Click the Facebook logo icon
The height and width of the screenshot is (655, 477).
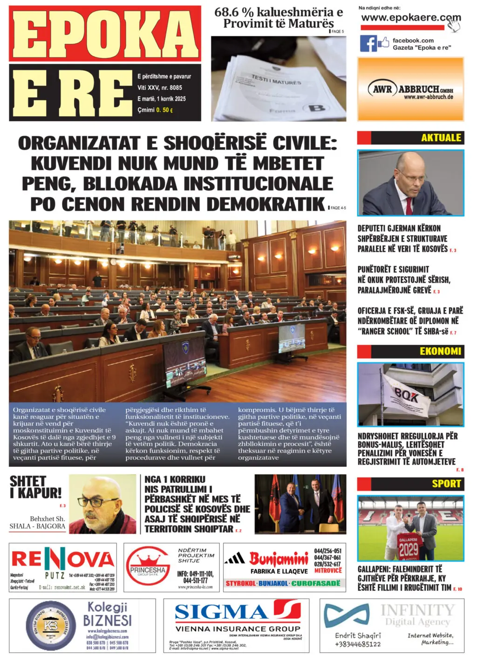pos(368,43)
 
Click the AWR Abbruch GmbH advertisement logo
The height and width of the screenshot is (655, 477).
pos(410,89)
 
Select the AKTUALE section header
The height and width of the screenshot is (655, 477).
pos(441,138)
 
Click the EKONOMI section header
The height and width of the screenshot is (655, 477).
pos(440,351)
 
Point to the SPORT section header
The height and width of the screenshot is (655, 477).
pos(446,484)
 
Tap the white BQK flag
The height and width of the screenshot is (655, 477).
pos(405,396)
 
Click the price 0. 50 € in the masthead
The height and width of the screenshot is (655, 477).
pos(164,110)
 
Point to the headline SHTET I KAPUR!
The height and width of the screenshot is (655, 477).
pos(35,487)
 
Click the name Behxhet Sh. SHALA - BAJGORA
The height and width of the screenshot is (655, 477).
pos(38,522)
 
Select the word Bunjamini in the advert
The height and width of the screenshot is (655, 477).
pos(279,558)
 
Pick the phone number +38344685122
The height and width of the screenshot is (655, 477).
pos(358,644)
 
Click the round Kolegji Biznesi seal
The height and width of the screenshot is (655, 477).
pos(50,625)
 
